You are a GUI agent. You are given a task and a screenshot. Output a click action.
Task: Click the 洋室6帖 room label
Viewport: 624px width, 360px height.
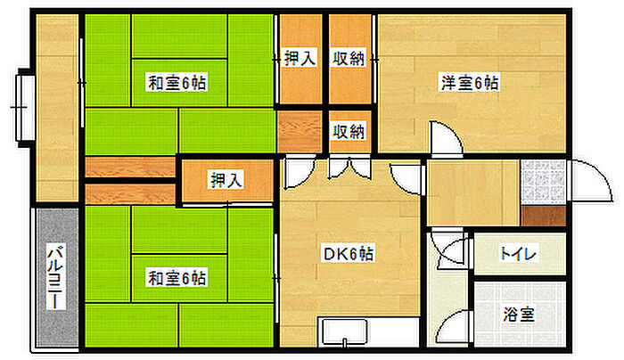[469, 83]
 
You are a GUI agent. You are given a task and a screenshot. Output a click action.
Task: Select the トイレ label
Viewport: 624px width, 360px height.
[518, 254]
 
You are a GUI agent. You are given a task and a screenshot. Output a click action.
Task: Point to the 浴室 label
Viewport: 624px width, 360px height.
[518, 315]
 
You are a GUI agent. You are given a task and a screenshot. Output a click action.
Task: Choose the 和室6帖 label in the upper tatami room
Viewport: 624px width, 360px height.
[177, 83]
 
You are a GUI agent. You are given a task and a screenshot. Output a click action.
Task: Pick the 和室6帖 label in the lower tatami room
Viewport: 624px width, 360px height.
[177, 279]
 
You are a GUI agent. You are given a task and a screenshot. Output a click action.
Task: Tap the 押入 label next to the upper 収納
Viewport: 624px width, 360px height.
[300, 59]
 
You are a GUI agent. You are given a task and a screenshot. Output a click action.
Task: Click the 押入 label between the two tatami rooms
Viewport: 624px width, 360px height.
[226, 181]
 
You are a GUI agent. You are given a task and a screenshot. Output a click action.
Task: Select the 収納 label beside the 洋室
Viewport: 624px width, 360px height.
[349, 59]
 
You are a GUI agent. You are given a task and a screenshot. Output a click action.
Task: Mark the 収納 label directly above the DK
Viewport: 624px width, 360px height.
[349, 132]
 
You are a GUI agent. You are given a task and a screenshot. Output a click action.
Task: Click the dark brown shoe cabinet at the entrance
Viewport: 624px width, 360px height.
[544, 215]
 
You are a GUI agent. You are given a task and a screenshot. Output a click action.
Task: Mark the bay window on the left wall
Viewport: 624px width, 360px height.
[25, 106]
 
